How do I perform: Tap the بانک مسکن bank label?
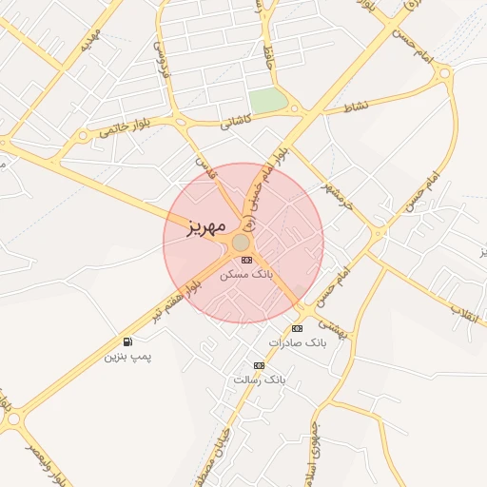pyautogui.click(x=245, y=274)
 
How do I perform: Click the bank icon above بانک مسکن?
pyautogui.click(x=246, y=260)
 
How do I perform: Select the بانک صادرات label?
pyautogui.click(x=297, y=341)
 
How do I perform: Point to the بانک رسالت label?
pyautogui.click(x=259, y=380)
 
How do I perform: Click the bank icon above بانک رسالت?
pyautogui.click(x=259, y=365)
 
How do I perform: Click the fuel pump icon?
pyautogui.click(x=127, y=342)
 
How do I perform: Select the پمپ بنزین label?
pyautogui.click(x=127, y=357)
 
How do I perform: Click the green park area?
pyautogui.click(x=268, y=100)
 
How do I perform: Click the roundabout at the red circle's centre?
pyautogui.click(x=242, y=243)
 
